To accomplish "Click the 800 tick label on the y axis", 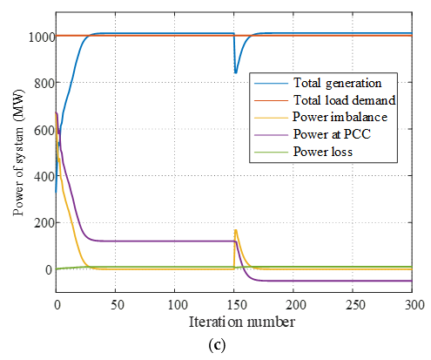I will coord(39,83).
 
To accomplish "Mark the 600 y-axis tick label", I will coord(39,130).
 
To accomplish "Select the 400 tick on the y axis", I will coord(39,177).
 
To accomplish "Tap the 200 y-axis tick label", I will coord(39,223).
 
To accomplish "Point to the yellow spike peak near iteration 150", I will coord(235,230).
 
